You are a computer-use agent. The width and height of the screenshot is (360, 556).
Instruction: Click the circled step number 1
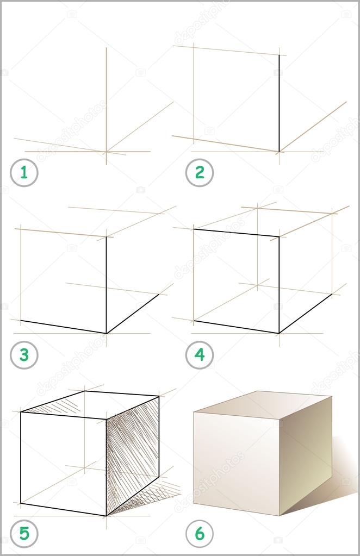tap(24, 173)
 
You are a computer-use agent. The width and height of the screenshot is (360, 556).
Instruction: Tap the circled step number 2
tap(200, 173)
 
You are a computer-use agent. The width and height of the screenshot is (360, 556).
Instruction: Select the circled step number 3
tap(24, 355)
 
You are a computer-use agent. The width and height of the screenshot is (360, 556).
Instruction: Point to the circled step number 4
tap(200, 355)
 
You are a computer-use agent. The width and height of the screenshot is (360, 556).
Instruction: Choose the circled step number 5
tap(24, 533)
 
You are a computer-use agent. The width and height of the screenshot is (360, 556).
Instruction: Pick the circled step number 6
tap(200, 533)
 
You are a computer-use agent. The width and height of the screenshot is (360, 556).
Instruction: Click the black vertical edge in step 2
tap(279, 103)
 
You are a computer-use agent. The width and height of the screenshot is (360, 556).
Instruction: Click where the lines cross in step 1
tap(107, 152)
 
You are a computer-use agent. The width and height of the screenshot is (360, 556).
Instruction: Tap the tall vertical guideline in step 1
tap(107, 105)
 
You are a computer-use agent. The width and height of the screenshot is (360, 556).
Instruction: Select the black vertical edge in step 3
tap(107, 285)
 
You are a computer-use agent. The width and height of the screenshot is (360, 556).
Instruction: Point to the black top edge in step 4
tap(236, 233)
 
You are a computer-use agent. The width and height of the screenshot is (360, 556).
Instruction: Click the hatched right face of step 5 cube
tap(133, 455)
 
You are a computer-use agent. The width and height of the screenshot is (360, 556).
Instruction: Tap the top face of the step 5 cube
tap(90, 404)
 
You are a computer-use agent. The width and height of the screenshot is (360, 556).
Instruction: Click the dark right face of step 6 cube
tap(306, 455)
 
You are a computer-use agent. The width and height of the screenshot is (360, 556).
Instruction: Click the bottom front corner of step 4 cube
tap(279, 333)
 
